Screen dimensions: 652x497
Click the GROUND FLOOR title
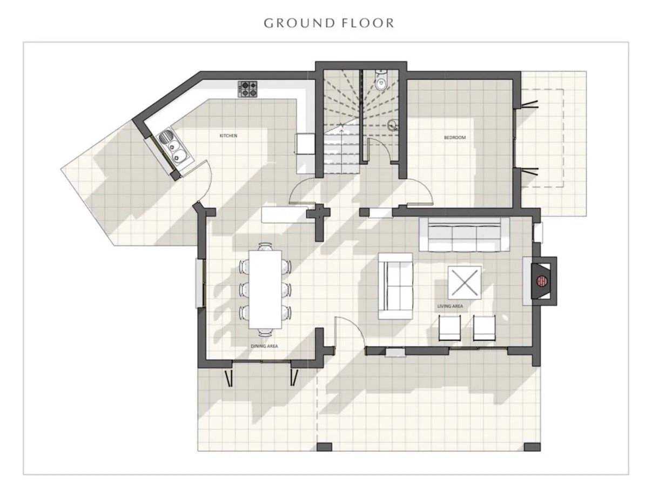click(329, 23)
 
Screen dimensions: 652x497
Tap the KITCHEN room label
click(228, 136)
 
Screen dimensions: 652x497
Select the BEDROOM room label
click(454, 138)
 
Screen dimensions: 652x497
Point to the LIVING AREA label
click(450, 306)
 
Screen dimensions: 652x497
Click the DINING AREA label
click(264, 346)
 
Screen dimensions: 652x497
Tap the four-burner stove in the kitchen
click(247, 89)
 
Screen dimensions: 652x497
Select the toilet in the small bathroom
click(380, 81)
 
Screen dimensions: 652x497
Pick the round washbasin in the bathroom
click(393, 124)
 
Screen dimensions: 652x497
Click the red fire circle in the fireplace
click(542, 281)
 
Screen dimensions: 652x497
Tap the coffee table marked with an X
click(465, 283)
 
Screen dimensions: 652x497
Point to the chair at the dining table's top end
click(265, 246)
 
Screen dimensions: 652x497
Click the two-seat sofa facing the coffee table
click(395, 286)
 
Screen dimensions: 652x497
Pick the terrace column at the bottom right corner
click(532, 455)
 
